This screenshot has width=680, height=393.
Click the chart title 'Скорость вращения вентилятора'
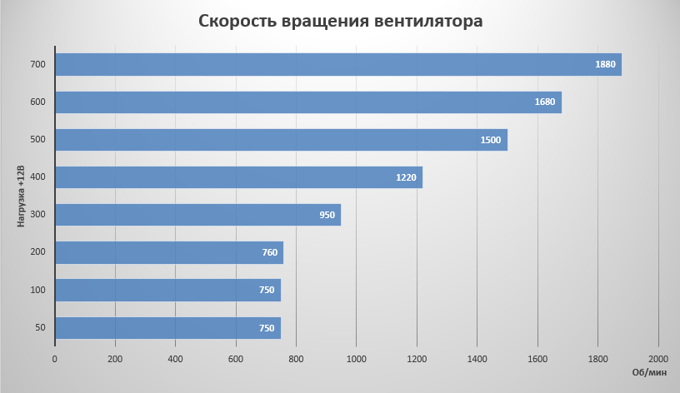click(340, 21)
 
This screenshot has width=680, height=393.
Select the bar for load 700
click(337, 65)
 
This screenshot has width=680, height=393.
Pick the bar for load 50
click(167, 328)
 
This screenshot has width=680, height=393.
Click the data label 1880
click(605, 65)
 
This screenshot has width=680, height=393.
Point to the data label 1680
click(545, 102)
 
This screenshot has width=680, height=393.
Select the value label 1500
click(491, 140)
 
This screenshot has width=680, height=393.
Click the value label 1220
click(406, 177)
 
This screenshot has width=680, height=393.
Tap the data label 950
click(327, 215)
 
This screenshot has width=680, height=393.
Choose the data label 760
click(269, 252)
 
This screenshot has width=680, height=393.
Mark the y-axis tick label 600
click(38, 102)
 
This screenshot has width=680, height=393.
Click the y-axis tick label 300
click(38, 215)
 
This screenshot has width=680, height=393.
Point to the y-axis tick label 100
click(38, 290)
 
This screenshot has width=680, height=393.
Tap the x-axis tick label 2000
click(657, 359)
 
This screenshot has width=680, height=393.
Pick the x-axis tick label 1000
click(356, 359)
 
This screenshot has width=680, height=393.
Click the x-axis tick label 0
click(55, 359)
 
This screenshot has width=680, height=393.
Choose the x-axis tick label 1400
click(477, 359)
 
